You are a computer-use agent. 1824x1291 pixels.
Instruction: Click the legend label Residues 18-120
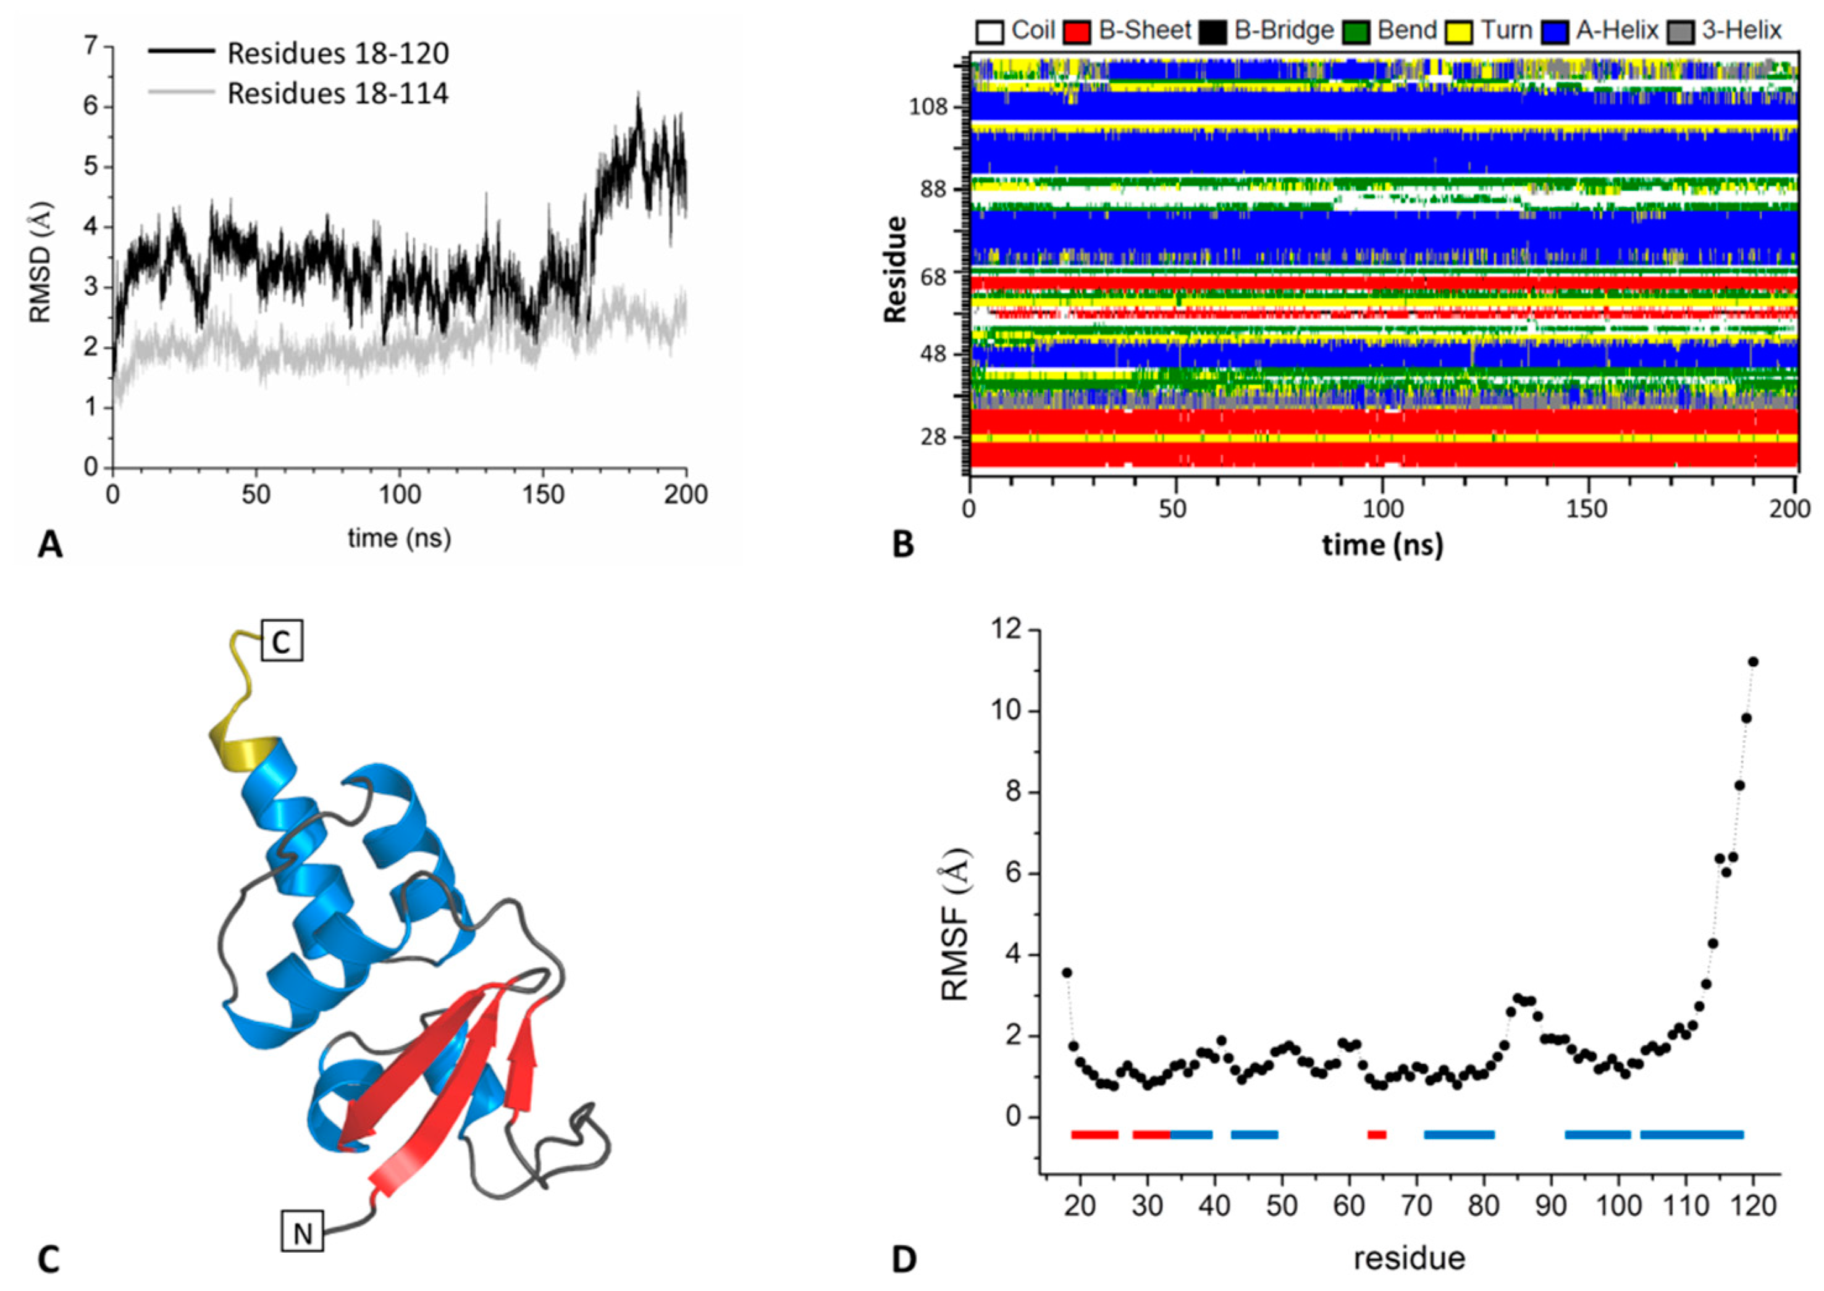338,53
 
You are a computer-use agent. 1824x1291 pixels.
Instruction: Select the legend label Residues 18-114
338,94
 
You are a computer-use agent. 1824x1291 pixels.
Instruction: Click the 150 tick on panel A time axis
542,495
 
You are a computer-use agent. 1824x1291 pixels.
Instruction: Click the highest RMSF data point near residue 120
1752,661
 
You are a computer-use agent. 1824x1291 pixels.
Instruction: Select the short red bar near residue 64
1377,1134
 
